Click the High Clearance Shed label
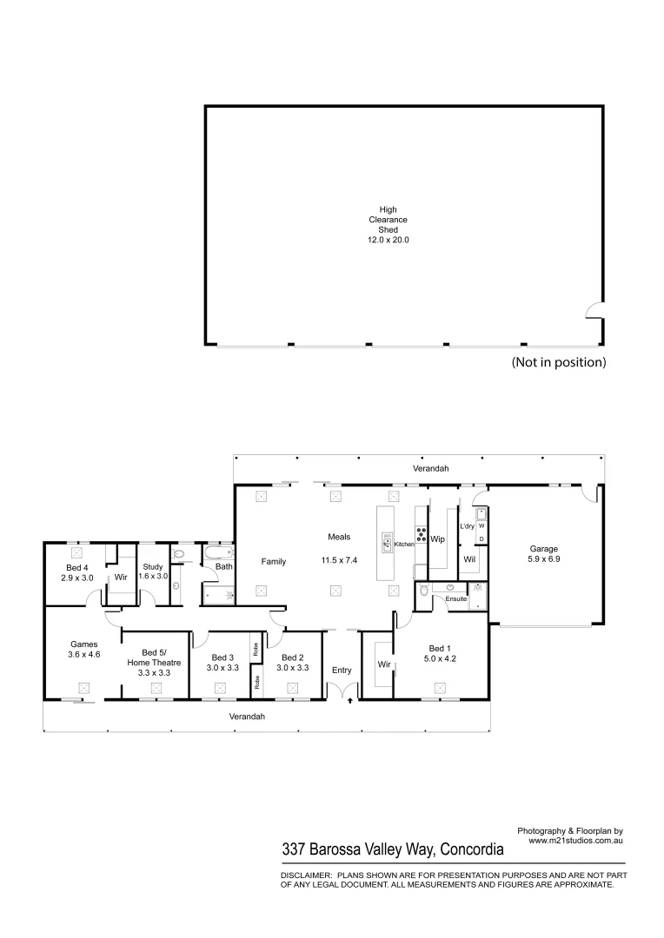click(387, 223)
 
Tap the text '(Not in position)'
click(559, 362)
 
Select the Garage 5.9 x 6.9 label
click(544, 554)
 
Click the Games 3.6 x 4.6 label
click(84, 650)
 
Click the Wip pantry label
click(438, 539)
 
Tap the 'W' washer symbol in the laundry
click(481, 526)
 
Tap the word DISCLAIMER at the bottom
click(306, 875)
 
